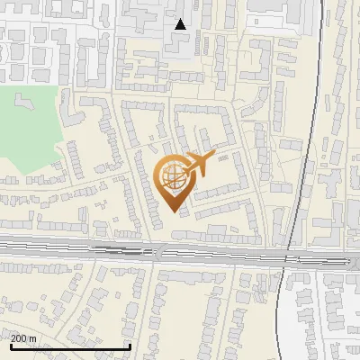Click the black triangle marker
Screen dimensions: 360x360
[181, 24]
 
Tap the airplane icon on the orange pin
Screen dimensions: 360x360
[198, 163]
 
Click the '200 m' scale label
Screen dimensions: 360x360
[24, 338]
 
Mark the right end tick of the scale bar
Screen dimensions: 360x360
[130, 345]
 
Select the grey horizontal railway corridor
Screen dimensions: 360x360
[90, 246]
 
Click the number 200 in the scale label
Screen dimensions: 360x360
[19, 338]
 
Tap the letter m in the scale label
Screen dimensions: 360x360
[33, 338]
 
